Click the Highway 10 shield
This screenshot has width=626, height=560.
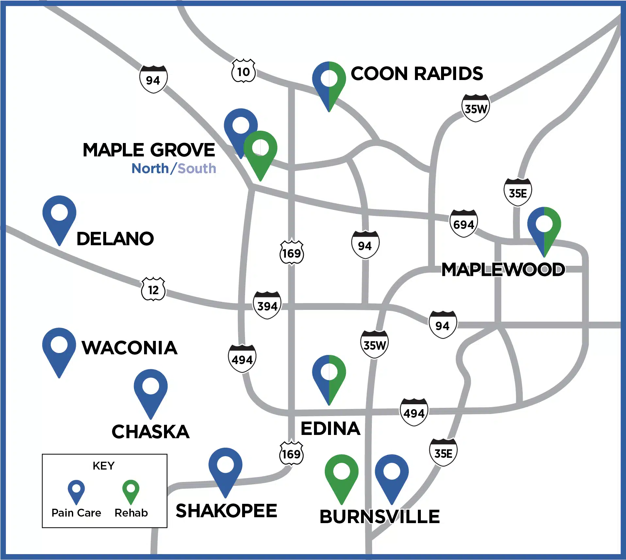coord(243,71)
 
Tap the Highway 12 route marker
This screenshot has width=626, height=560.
coord(153,289)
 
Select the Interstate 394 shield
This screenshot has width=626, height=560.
coord(267,305)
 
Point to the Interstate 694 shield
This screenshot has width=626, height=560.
coord(464,224)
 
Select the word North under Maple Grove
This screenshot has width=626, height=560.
coord(150,169)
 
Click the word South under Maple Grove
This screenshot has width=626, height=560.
coord(197,169)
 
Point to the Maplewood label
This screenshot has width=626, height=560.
coord(503,270)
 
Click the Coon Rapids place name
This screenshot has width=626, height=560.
coord(417,73)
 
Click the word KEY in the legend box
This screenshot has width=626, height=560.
coord(104,466)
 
